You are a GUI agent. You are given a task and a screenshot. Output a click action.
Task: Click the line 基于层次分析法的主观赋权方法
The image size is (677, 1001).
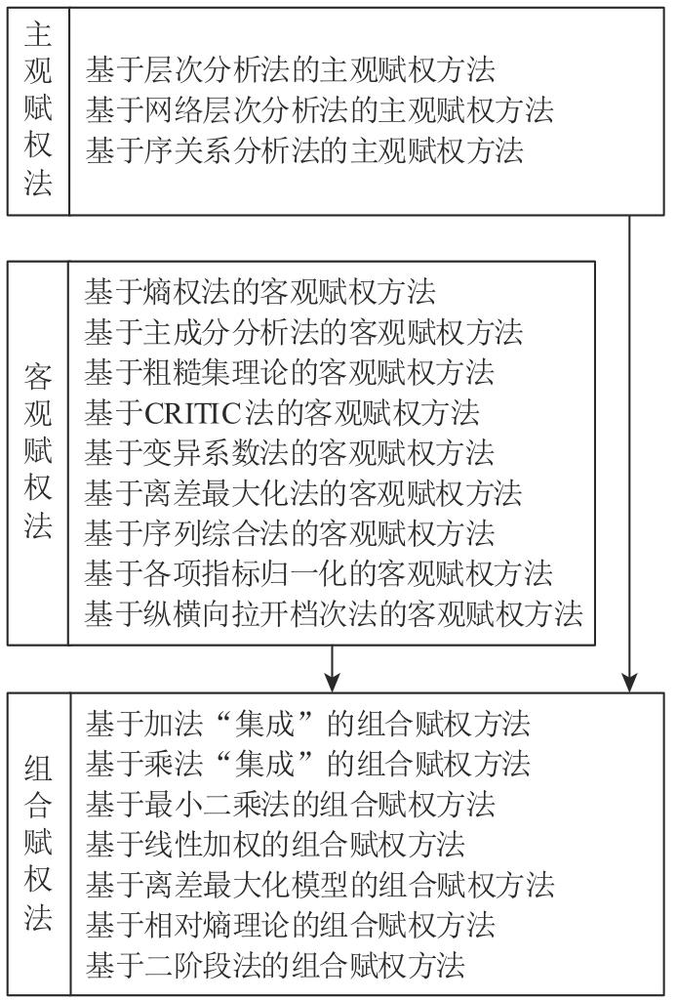pos(291,70)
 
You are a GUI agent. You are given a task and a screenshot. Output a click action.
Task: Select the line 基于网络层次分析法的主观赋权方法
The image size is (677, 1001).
pos(319,110)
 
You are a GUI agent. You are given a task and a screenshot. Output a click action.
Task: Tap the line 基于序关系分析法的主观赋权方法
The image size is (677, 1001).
pos(304,150)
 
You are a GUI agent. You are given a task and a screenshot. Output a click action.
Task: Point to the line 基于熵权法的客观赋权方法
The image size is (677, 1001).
pos(260,291)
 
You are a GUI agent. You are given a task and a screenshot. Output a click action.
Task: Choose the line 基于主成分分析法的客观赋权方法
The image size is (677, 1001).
pos(303,332)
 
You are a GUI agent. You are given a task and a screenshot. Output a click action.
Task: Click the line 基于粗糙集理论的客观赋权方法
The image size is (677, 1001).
pos(290,372)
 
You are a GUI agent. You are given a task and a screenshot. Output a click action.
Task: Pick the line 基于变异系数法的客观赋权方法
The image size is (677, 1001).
pos(290,453)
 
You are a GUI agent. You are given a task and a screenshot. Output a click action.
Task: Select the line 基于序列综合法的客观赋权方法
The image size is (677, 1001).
pos(290,533)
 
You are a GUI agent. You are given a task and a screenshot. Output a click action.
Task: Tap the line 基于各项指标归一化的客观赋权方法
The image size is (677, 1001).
pos(318,573)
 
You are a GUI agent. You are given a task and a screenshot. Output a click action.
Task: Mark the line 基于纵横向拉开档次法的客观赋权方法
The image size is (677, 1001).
pos(333,613)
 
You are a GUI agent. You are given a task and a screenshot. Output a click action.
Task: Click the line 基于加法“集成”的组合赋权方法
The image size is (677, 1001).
pos(307,724)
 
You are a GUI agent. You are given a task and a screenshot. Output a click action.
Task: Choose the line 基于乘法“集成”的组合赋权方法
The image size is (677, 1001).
pos(307,763)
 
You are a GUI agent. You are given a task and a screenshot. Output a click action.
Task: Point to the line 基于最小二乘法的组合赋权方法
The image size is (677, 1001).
pos(291,804)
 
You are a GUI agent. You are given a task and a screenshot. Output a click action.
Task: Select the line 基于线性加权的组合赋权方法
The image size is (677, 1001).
pos(276,844)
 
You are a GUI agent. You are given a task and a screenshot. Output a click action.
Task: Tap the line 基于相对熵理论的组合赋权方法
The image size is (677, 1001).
pos(291,924)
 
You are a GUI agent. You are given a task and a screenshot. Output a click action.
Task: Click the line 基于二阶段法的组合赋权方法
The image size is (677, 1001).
pos(276,965)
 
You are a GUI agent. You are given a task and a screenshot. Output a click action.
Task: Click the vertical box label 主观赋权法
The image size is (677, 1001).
pos(38,109)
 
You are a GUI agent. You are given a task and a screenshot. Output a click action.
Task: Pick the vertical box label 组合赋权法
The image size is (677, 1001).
pos(38,844)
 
